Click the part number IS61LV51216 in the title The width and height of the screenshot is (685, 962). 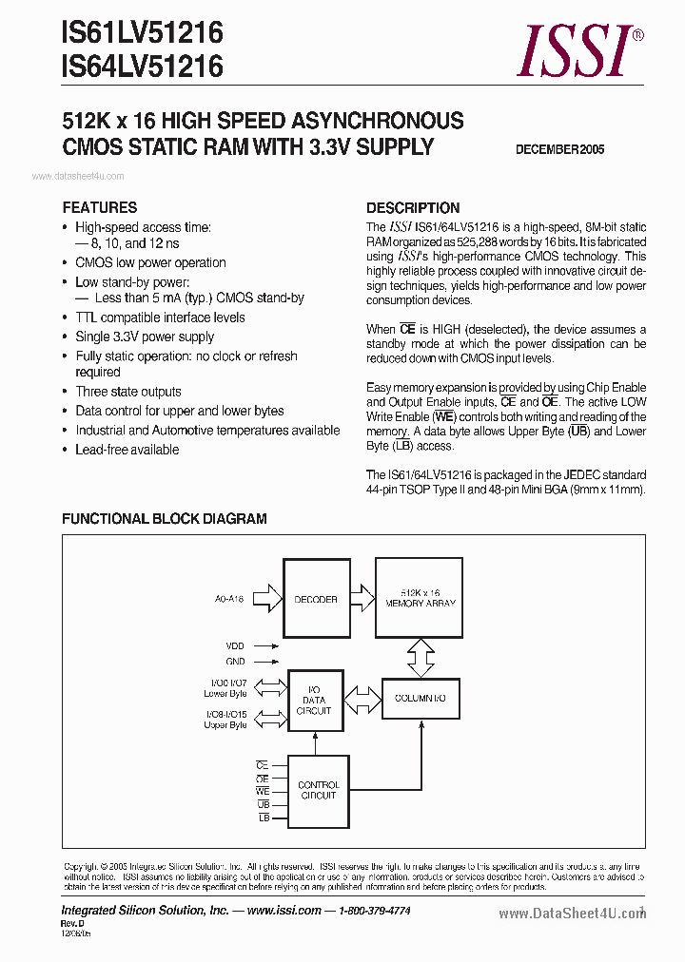tap(143, 34)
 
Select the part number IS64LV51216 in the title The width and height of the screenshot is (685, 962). tap(143, 67)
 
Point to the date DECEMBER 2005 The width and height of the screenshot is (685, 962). tap(559, 149)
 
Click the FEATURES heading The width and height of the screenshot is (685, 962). tap(100, 207)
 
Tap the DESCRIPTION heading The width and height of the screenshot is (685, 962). tap(413, 207)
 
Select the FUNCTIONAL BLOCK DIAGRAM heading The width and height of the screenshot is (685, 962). tap(164, 519)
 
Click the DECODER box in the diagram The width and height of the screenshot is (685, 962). tap(315, 600)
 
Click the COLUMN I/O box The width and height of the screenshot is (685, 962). tap(421, 699)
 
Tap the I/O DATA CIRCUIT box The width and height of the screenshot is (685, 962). tap(314, 703)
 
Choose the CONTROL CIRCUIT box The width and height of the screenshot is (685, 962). tap(319, 790)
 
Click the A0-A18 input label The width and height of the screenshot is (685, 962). tap(229, 600)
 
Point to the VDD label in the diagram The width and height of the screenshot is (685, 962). tap(236, 645)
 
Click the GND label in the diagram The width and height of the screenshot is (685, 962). tap(236, 662)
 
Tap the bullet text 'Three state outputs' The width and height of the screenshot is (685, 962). tap(128, 392)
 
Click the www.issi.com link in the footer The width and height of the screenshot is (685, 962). tap(284, 910)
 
